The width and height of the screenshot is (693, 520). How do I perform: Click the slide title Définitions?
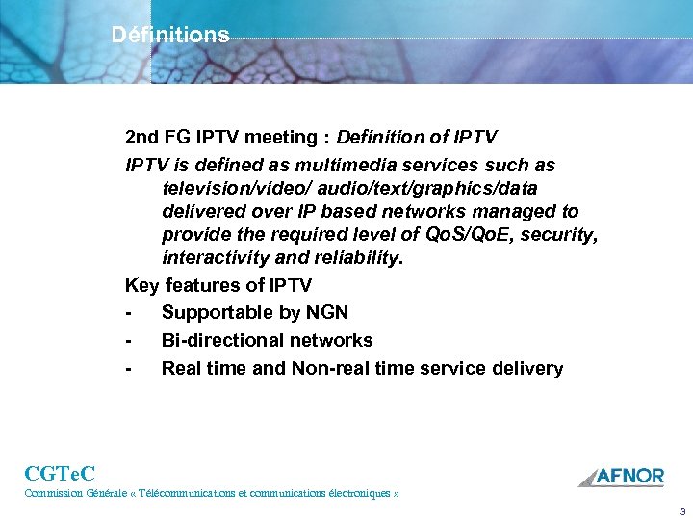[x=170, y=36]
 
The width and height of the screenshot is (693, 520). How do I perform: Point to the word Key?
[x=142, y=286]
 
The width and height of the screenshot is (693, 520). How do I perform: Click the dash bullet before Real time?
[x=129, y=369]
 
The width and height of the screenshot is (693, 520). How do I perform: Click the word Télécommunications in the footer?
[x=192, y=493]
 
